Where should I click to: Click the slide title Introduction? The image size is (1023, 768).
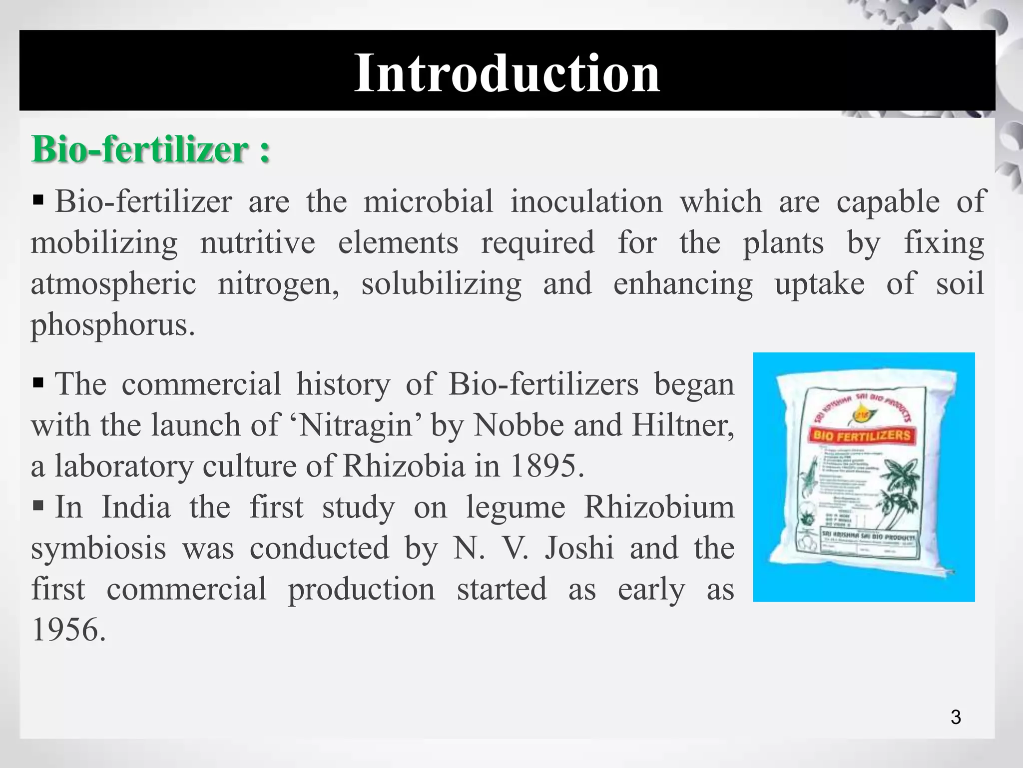507,73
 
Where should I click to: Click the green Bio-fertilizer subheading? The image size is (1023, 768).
150,149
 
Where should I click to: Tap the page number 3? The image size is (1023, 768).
956,717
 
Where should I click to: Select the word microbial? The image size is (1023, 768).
428,201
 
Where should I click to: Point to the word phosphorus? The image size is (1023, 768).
112,325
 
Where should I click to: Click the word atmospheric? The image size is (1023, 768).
113,283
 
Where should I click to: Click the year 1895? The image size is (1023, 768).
546,466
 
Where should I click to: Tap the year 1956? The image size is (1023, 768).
68,629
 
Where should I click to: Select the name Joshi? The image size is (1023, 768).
579,548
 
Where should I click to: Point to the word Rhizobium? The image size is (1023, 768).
659,507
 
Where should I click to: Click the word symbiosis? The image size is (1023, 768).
98,548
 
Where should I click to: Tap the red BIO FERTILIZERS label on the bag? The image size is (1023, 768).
861,435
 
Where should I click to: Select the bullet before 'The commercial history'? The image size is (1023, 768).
38,383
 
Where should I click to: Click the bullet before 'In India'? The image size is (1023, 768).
38,506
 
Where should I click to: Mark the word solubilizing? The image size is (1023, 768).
442,283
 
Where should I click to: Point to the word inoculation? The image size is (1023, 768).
586,201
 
